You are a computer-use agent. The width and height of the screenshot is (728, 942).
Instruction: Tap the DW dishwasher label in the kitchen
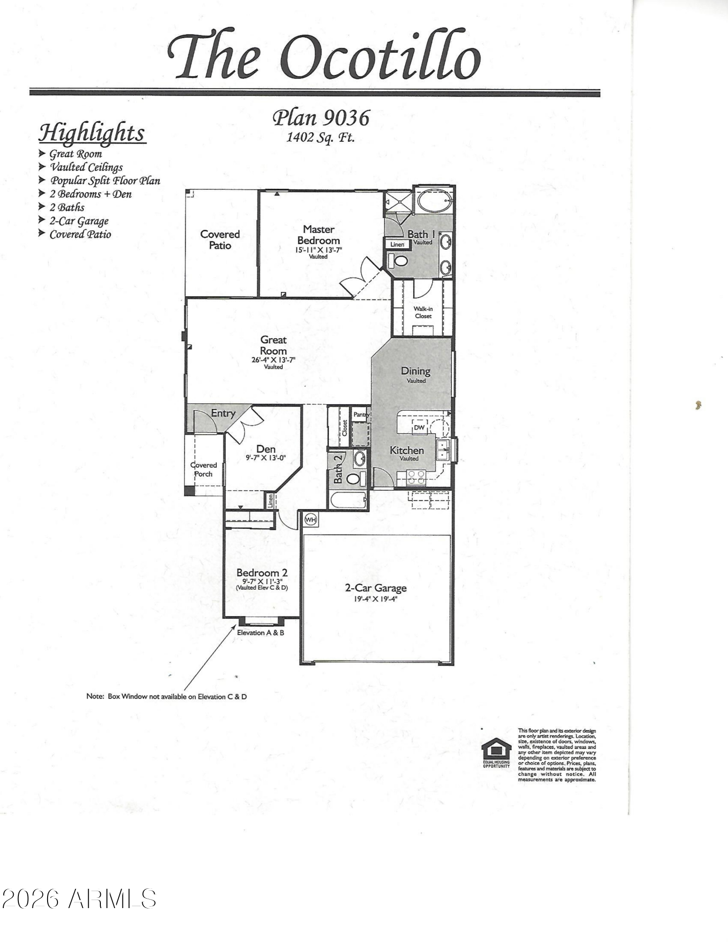(419, 428)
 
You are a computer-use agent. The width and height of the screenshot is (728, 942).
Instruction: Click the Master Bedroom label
(319, 235)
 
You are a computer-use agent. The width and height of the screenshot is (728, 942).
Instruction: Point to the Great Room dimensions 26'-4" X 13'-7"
(273, 360)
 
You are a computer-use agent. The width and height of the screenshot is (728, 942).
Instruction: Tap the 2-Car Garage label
(376, 588)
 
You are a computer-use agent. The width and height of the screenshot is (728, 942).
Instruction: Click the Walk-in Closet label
(423, 312)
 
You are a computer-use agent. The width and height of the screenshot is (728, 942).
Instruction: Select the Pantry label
(361, 414)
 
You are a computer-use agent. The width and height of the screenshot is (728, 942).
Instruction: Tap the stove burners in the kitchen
(416, 478)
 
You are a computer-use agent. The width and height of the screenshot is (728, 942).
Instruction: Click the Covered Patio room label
(220, 240)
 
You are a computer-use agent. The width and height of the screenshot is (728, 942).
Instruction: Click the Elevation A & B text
(261, 633)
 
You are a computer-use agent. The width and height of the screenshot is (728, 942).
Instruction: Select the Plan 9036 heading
(321, 118)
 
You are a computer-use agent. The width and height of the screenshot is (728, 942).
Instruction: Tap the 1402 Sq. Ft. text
(320, 138)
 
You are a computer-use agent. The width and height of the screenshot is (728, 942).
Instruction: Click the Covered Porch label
(204, 470)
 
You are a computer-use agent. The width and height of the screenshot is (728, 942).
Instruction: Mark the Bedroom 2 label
(262, 573)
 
